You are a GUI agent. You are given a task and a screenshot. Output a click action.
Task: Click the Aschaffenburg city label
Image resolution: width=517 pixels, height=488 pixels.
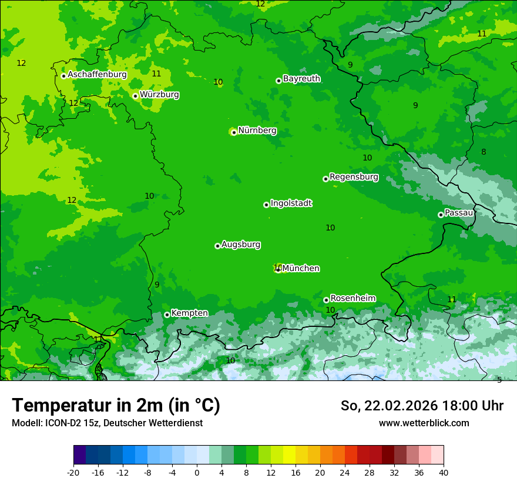coord(97,75)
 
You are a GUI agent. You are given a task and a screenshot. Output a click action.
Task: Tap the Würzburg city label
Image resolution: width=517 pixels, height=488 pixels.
coord(159,95)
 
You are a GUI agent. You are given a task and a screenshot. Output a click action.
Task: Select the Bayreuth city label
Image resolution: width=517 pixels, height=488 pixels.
coord(301,79)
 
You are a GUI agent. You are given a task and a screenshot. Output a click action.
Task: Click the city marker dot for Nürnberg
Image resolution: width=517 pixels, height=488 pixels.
coord(234,132)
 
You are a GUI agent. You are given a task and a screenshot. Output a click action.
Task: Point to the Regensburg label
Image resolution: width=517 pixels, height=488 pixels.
coord(354,177)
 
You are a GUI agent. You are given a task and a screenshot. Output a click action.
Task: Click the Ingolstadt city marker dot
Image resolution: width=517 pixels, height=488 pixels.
coord(266,205)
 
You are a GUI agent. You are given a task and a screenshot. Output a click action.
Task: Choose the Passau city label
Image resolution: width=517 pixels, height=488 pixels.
coord(459,213)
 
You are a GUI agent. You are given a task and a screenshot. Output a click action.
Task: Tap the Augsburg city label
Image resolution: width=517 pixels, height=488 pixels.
coord(241,245)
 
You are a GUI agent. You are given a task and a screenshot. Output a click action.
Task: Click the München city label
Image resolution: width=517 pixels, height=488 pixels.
coord(301,269)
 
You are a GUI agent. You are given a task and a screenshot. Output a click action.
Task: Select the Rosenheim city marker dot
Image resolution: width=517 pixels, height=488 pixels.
coord(326,300)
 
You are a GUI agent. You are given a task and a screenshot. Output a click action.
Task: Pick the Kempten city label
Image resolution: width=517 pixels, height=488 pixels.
coord(189,313)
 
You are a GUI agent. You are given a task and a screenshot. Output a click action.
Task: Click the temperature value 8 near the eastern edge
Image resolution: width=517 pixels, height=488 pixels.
coord(484,152)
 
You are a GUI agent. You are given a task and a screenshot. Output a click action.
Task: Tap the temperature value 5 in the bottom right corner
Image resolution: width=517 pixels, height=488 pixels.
coord(499,380)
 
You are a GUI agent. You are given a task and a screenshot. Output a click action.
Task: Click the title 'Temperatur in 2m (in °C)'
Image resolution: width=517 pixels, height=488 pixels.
coord(116,405)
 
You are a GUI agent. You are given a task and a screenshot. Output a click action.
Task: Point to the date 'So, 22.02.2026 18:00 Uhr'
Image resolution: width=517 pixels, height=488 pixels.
coord(422,406)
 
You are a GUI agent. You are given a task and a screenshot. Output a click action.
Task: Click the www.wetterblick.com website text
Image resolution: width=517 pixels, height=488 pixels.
coord(424,423)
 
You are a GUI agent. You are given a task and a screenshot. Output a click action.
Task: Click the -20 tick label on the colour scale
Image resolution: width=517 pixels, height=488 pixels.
coord(73,472)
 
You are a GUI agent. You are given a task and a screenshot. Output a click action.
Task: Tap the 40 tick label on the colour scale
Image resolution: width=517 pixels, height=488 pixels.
coord(443,472)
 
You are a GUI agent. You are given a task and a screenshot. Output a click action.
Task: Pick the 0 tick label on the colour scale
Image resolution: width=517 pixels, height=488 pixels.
coord(197,472)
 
